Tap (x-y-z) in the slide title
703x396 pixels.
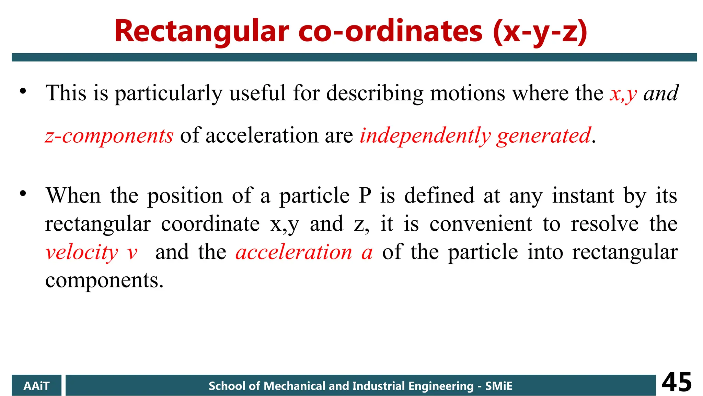[540, 32]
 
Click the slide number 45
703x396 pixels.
[677, 382]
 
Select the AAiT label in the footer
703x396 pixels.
[36, 386]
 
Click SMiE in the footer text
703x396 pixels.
[498, 386]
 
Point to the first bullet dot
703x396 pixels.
[23, 91]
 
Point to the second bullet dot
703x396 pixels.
[23, 194]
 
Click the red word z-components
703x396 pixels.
[109, 136]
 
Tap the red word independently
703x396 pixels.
[425, 136]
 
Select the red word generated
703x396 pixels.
[544, 136]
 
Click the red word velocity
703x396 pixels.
[82, 252]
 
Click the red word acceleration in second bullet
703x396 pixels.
[294, 252]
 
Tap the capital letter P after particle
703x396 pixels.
[365, 195]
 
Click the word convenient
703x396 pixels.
[481, 224]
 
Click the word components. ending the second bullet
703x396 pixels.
[104, 280]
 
